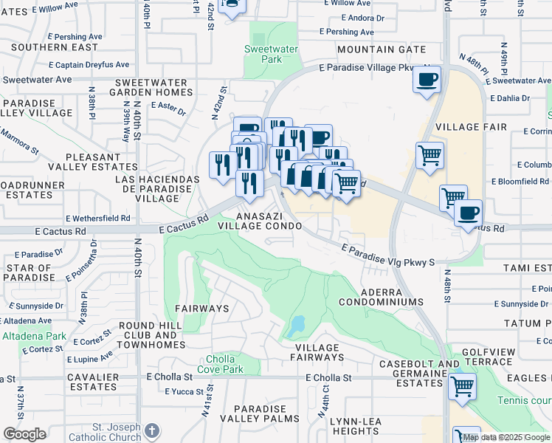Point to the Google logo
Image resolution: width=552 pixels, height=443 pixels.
click(25, 434)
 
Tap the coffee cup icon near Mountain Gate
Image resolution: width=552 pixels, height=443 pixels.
click(427, 79)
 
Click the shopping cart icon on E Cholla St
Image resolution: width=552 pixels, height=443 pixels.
click(462, 385)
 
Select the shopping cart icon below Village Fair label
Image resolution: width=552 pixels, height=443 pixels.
click(430, 155)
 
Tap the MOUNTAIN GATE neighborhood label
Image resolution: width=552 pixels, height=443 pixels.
click(382, 49)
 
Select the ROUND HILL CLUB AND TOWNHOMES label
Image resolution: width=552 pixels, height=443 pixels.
click(151, 335)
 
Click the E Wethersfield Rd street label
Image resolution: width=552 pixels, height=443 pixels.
click(97, 219)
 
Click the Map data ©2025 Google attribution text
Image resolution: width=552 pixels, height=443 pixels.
click(506, 437)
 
